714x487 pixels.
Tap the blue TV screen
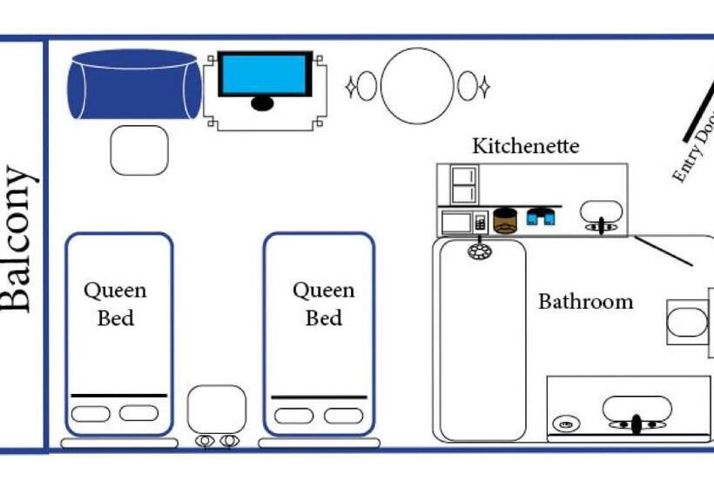pos(264,75)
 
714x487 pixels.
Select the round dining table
pos(417,85)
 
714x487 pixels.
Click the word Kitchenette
pos(525,145)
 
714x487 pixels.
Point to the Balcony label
pos(19,238)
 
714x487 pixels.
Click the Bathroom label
pos(585,302)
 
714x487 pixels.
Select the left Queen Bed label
pos(115,304)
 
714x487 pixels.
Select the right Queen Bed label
pos(323,304)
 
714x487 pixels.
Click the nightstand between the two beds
pos(216,408)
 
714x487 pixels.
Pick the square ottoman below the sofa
pos(139,150)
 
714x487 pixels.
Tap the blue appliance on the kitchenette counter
pos(542,217)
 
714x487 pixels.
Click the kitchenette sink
pos(601,212)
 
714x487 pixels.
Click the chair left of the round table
pos(367,86)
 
